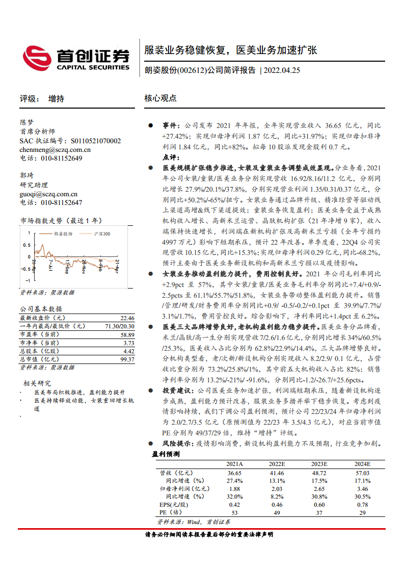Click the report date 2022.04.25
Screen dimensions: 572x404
point(282,70)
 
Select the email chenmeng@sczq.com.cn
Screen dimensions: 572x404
point(55,149)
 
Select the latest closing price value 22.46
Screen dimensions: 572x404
point(127,318)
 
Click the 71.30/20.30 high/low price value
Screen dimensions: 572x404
point(120,326)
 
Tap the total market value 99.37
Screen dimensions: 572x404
point(127,359)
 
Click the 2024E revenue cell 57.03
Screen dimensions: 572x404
point(363,473)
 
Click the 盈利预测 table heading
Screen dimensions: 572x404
point(166,454)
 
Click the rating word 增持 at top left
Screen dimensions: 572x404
point(56,99)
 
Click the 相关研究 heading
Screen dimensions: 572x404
point(37,383)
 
